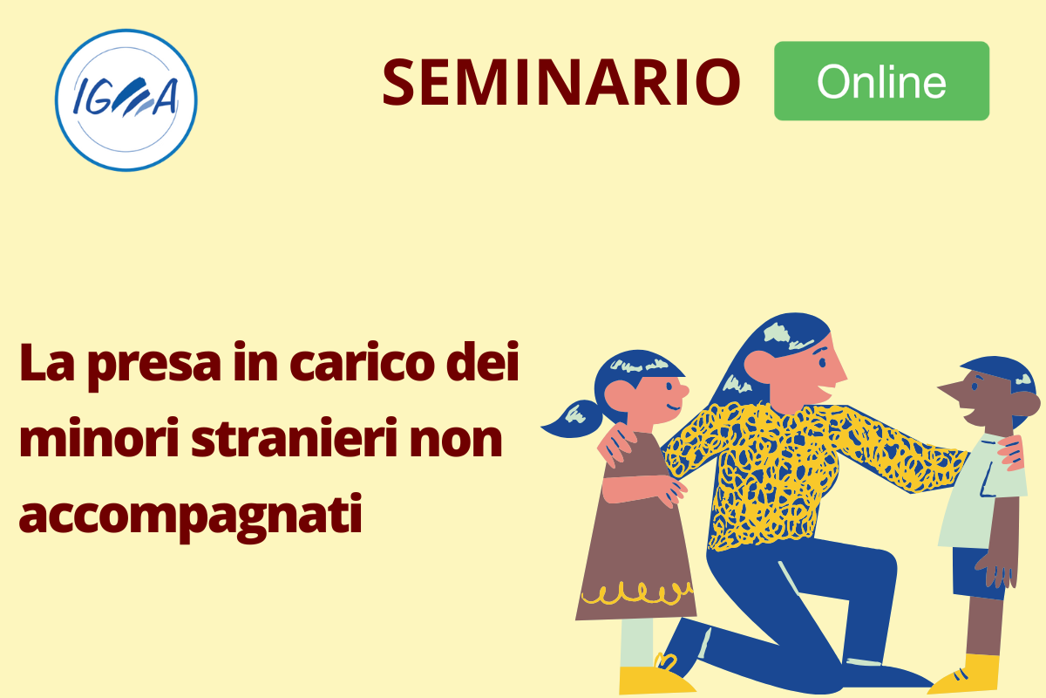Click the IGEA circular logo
(126, 100)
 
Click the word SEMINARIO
(561, 82)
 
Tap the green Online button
(881, 81)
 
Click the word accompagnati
(191, 517)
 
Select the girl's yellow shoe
(654, 679)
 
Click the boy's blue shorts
(979, 573)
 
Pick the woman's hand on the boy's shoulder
(1010, 452)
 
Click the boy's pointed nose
(950, 388)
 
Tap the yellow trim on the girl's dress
(638, 594)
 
